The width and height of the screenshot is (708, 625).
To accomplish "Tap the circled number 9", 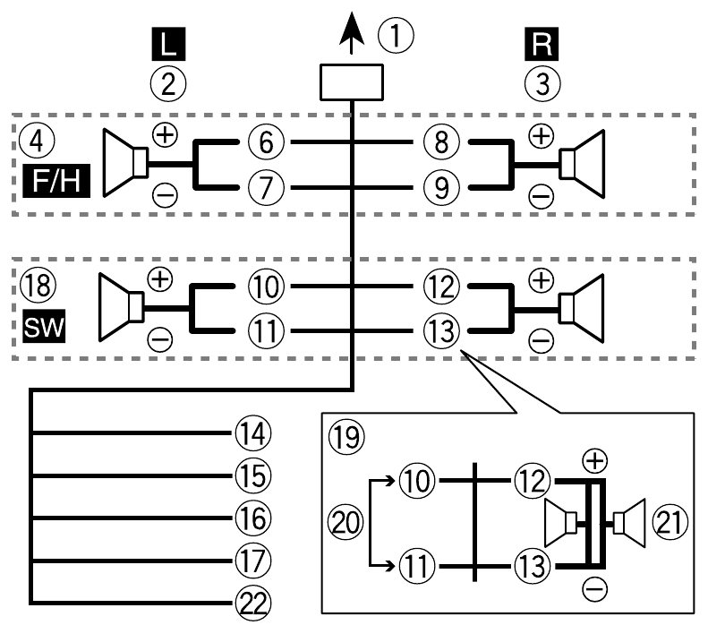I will click(439, 186).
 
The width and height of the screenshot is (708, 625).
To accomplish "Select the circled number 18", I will click(34, 287).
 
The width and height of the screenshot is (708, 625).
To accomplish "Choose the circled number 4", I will click(34, 142).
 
